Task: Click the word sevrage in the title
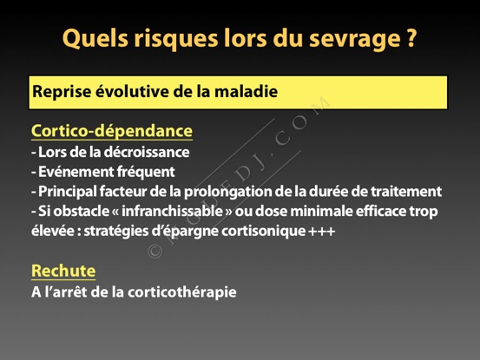(x=354, y=39)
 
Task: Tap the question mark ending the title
(x=411, y=37)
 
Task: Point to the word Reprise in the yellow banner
(x=62, y=92)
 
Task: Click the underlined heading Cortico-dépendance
(x=112, y=131)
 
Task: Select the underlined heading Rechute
(x=63, y=271)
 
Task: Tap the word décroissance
(x=147, y=152)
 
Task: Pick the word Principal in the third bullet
(x=67, y=192)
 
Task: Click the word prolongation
(x=227, y=192)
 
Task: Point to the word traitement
(x=406, y=192)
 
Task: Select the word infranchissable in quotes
(x=172, y=211)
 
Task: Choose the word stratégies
(x=116, y=232)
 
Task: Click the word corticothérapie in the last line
(x=181, y=292)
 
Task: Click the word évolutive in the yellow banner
(x=132, y=91)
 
